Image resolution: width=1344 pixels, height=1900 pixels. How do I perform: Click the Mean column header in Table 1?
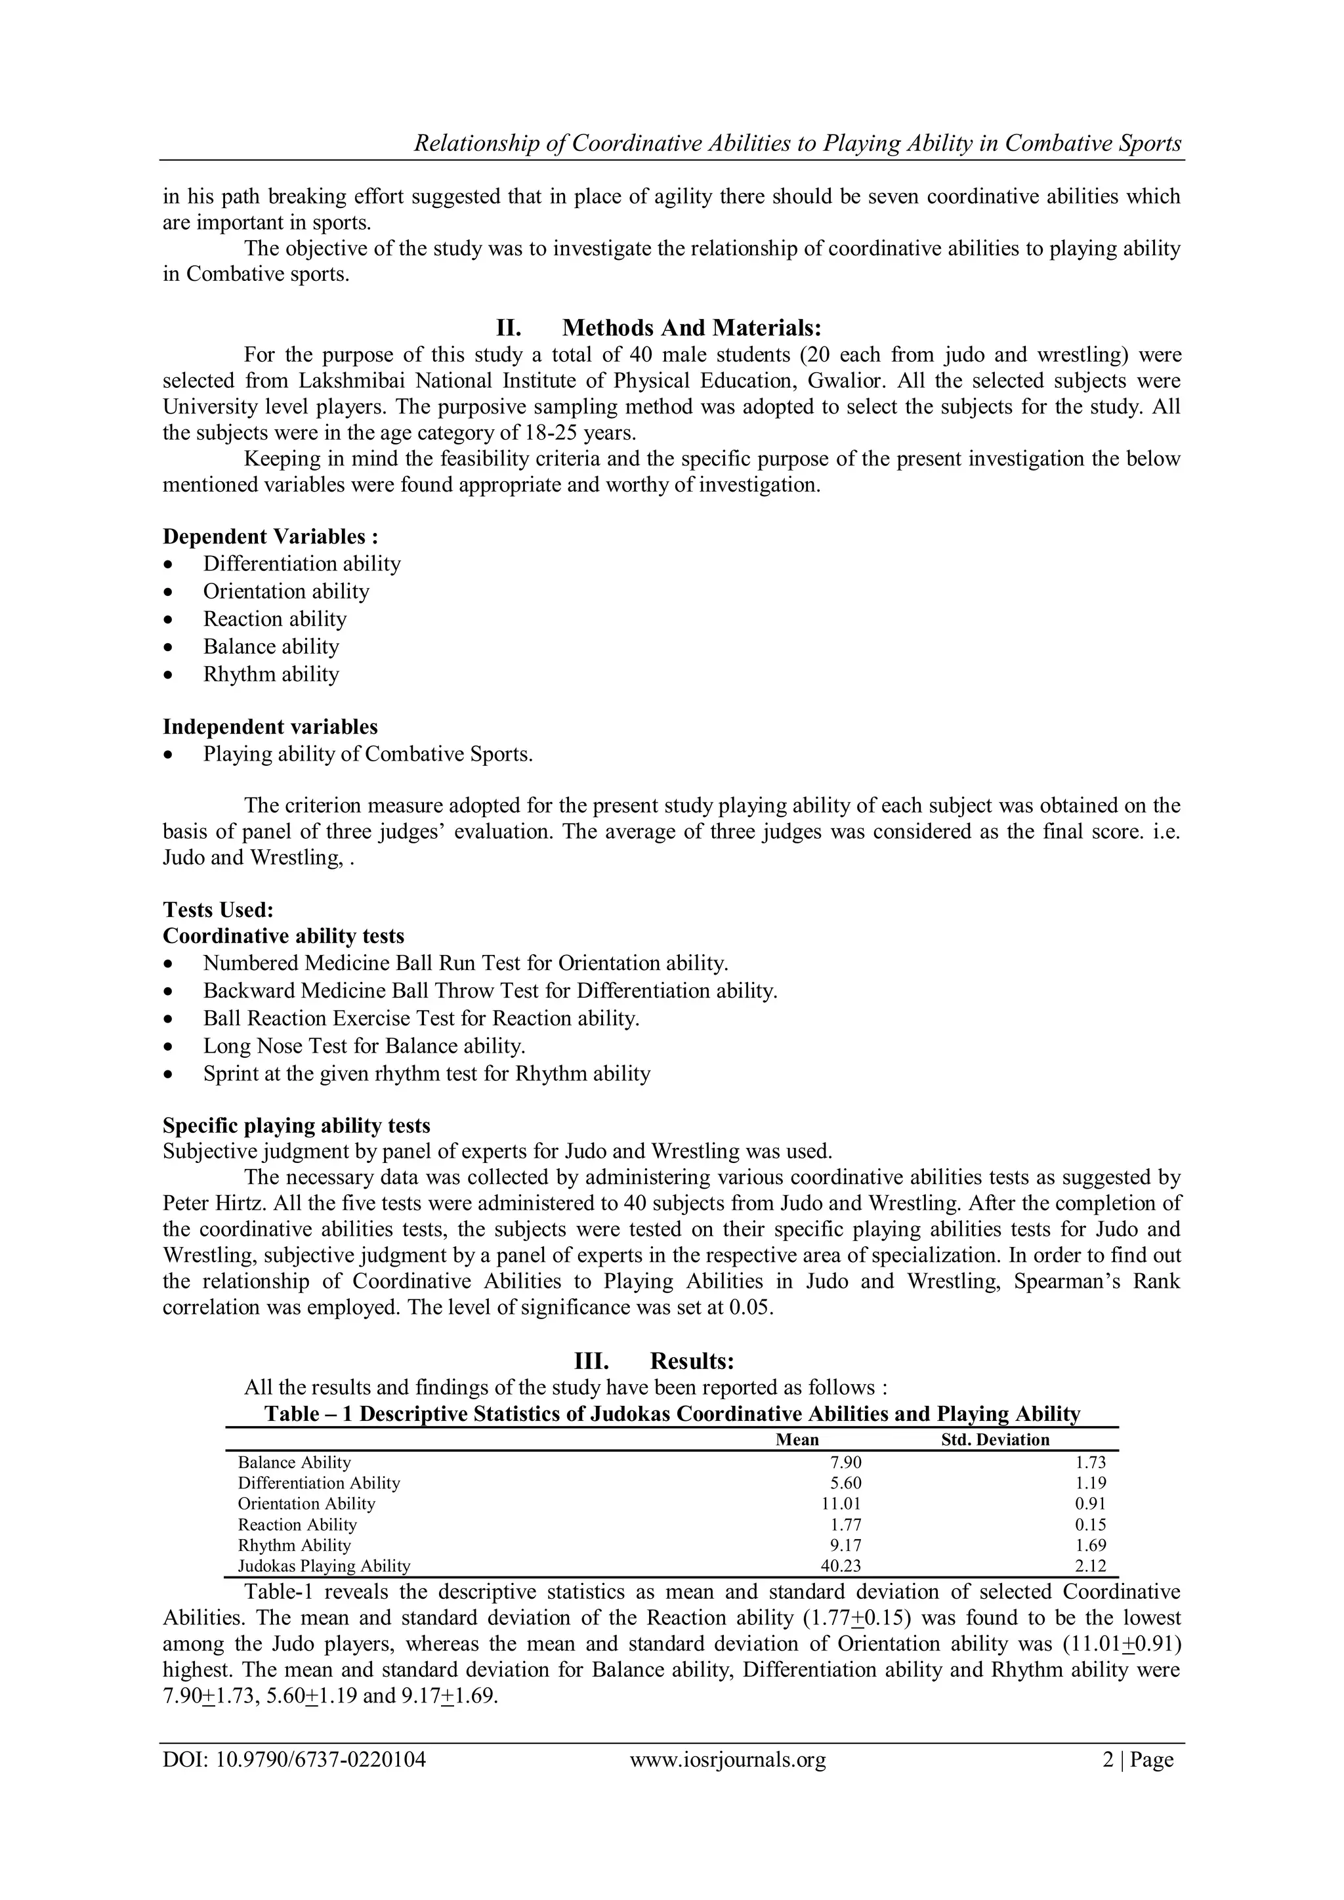click(796, 1439)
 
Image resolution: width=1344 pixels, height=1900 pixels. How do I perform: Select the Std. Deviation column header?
click(995, 1439)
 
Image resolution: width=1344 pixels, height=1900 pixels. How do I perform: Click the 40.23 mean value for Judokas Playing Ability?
click(841, 1566)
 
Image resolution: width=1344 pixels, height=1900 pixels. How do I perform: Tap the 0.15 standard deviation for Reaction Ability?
click(1090, 1525)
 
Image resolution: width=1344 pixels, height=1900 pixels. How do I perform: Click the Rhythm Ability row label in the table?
click(295, 1545)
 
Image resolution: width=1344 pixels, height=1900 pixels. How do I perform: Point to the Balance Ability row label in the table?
click(295, 1462)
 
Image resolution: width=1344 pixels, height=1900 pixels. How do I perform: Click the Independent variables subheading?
click(270, 727)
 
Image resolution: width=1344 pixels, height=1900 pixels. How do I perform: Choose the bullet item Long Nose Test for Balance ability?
click(364, 1046)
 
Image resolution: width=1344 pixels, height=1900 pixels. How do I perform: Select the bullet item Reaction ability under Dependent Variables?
click(275, 619)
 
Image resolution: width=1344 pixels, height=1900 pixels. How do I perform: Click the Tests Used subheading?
click(218, 910)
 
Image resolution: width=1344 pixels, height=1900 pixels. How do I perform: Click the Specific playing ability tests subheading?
click(296, 1126)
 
